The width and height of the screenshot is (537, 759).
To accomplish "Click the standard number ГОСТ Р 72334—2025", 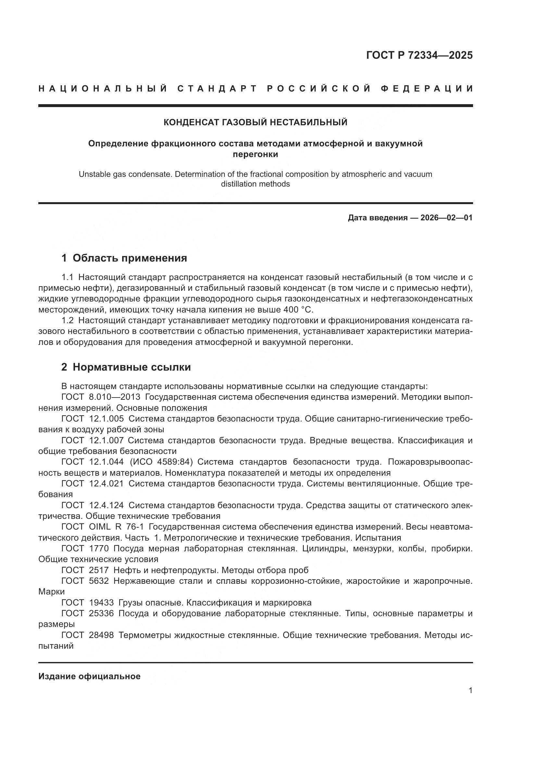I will (x=419, y=55).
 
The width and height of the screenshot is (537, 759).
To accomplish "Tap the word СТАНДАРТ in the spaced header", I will (x=217, y=89).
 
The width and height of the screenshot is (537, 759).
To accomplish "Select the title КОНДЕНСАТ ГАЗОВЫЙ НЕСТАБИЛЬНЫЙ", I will (x=256, y=122).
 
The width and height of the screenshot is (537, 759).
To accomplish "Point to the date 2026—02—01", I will (x=446, y=218).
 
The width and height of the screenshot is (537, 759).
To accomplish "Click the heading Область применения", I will (x=130, y=258).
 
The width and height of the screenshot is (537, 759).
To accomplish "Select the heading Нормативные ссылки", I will (x=131, y=367).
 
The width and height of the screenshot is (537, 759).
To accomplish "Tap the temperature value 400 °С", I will (x=298, y=310).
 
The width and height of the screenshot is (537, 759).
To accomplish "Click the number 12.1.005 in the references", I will (x=106, y=419).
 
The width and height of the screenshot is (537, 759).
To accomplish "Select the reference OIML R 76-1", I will (x=117, y=527).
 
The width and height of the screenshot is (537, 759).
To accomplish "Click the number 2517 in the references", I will (x=99, y=570).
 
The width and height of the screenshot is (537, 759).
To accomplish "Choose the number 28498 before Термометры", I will (x=101, y=635).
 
